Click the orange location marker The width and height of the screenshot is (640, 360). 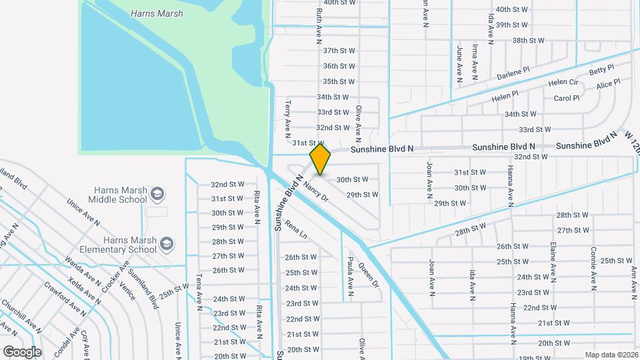pos(321,159)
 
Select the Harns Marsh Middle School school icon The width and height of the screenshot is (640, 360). pos(157,194)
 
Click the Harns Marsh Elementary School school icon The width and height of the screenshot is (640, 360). pos(166,244)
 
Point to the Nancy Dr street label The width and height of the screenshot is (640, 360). pos(315,189)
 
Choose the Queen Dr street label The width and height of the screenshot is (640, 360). pos(368,274)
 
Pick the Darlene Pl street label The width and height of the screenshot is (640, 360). pos(513,73)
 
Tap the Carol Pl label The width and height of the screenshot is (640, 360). pos(567,98)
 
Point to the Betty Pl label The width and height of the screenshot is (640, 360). pos(601,70)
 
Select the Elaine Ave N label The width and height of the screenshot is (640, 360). pos(553,261)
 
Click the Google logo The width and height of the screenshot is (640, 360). pos(22,351)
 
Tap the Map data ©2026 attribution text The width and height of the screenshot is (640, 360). pos(611,355)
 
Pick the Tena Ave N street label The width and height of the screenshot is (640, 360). pos(199,292)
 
